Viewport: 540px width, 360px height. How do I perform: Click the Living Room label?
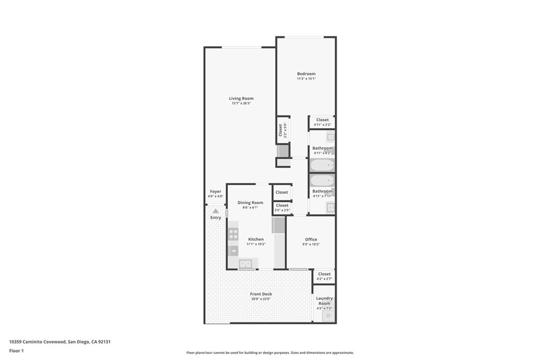241,99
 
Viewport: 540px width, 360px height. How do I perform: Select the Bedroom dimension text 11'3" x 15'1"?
306,79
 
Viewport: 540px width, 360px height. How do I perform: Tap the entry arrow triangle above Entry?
216,211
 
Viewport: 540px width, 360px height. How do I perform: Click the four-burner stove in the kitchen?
233,234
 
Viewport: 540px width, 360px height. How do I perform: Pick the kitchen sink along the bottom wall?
246,264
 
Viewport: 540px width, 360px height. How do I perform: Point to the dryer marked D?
328,316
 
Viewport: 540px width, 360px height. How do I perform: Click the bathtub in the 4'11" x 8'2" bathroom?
322,166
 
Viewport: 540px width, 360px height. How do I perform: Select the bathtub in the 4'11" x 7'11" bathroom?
322,180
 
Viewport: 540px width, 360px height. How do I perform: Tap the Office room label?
311,239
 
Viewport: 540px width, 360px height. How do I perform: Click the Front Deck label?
261,294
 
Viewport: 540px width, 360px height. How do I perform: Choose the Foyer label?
216,192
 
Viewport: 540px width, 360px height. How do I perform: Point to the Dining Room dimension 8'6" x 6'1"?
250,208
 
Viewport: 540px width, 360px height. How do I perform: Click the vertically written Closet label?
281,130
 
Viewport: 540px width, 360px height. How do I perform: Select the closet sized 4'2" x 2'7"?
324,276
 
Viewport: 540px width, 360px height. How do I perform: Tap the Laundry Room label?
324,301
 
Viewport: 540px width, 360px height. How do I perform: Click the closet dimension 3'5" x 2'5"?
282,210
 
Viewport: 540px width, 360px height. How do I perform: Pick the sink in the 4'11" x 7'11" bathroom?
331,208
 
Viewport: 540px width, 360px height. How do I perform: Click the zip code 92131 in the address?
104,342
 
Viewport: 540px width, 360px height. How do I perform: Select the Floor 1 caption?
16,351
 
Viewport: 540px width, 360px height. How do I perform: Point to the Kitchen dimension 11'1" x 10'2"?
256,245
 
